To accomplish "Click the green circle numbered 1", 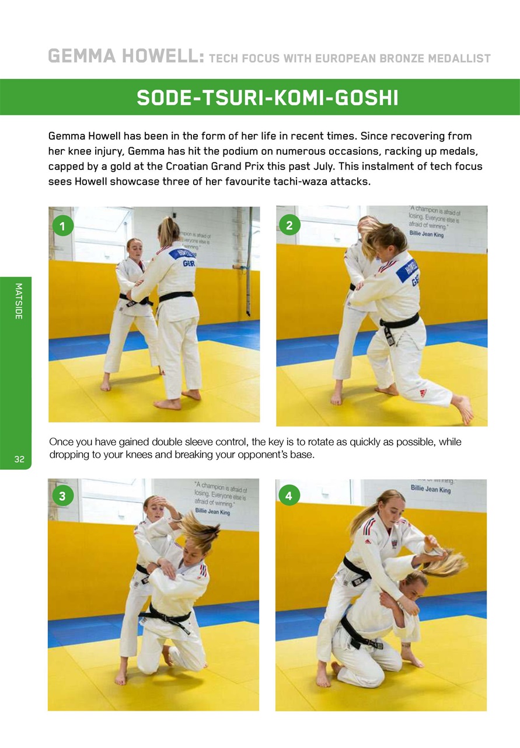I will pyautogui.click(x=62, y=225).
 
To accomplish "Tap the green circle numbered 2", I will pyautogui.click(x=288, y=225).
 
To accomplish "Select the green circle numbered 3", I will pyautogui.click(x=62, y=496).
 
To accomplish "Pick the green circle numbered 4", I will pyautogui.click(x=288, y=496).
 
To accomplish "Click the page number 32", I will pyautogui.click(x=19, y=459).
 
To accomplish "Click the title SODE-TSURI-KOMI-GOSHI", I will pyautogui.click(x=267, y=98).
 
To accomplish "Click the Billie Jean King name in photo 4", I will pyautogui.click(x=431, y=489).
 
